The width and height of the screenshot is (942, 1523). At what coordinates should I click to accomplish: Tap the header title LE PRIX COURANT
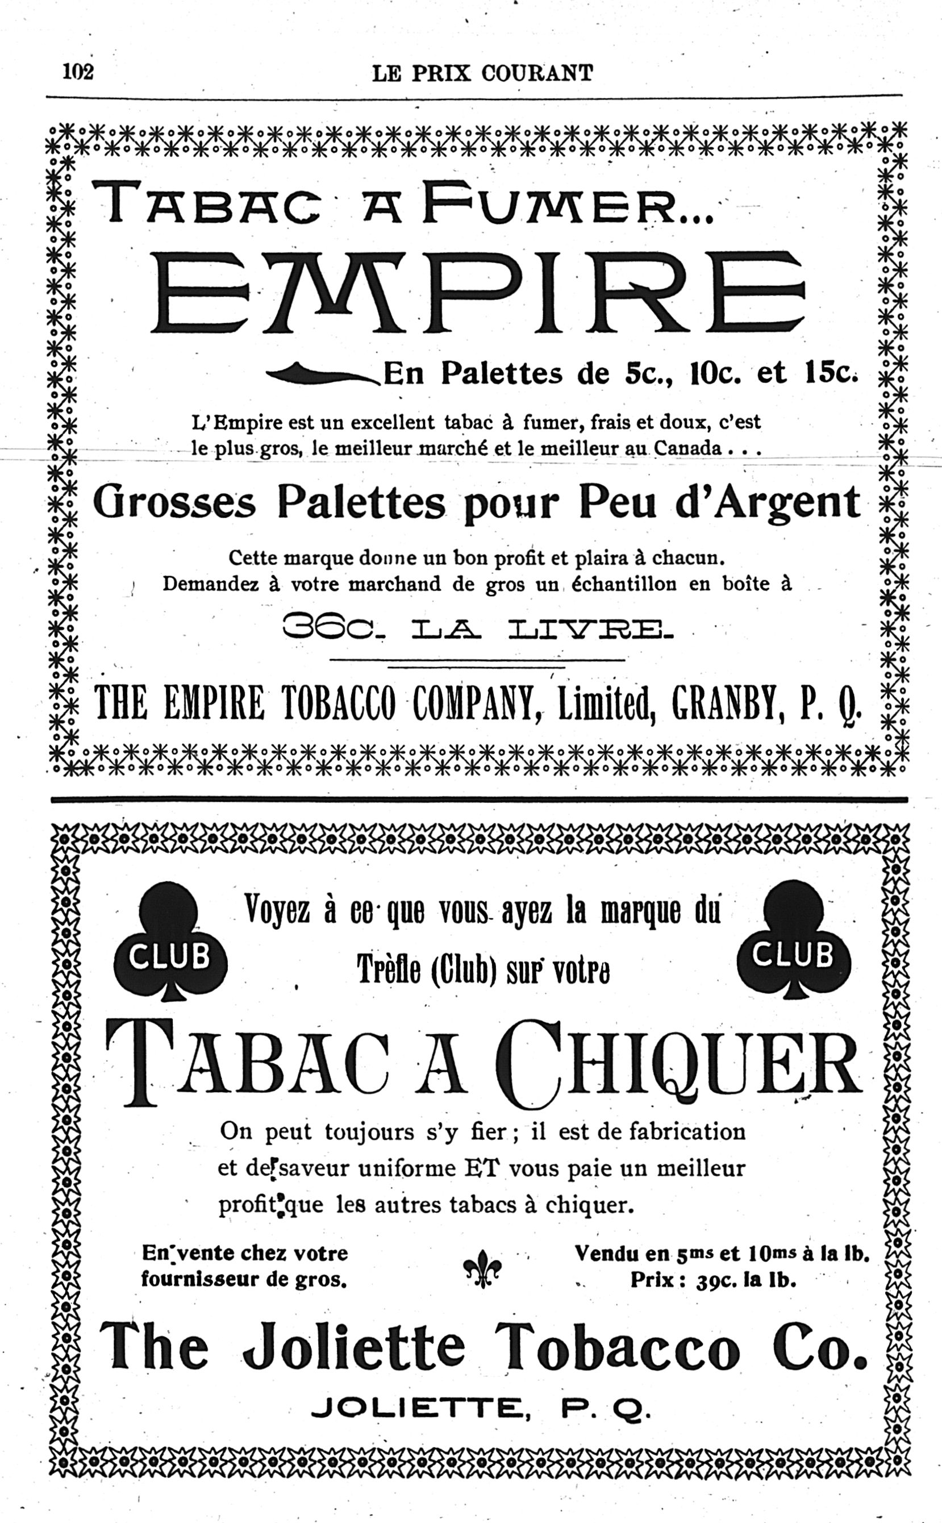tap(482, 73)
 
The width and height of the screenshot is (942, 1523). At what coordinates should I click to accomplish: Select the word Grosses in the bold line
tap(174, 503)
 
